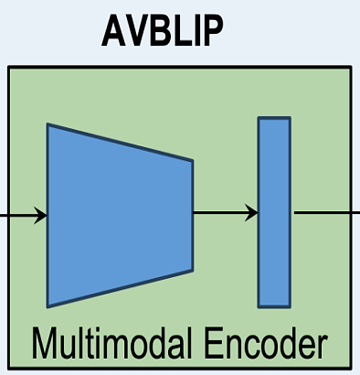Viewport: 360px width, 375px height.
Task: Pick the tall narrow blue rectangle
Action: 274,211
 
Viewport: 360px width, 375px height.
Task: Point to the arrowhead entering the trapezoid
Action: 40,216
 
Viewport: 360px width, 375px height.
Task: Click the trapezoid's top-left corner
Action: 48,125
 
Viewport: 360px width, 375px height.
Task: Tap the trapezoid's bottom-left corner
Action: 48,305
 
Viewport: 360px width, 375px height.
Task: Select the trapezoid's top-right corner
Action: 192,162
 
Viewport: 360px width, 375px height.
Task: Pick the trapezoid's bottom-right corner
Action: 192,270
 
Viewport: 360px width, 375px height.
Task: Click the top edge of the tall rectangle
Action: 274,118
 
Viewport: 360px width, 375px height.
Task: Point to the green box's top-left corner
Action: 9,67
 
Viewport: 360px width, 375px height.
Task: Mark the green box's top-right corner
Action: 351,67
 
